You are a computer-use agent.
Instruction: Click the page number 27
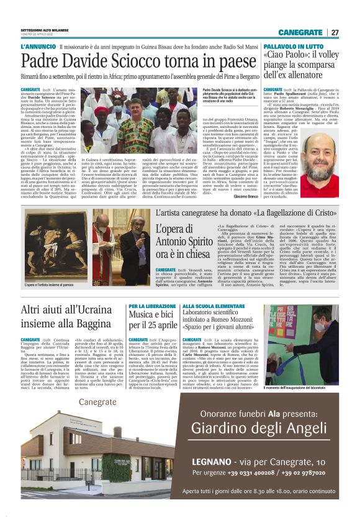pos(335,32)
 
